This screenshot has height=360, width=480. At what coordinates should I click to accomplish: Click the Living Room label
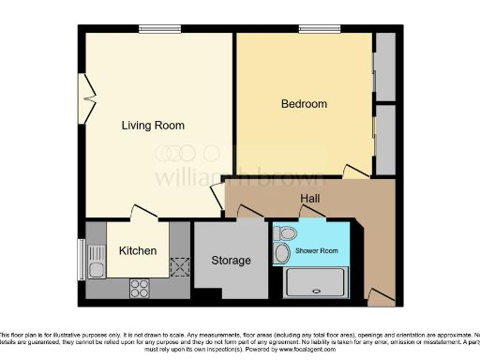[x=154, y=125]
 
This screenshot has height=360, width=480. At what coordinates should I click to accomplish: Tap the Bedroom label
[x=304, y=103]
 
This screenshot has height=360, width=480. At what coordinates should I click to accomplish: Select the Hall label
[x=310, y=200]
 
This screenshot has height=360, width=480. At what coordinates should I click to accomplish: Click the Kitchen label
[x=137, y=250]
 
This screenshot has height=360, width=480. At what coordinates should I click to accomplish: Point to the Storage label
[x=231, y=260]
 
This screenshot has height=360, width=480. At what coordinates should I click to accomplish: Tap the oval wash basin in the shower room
[x=282, y=253]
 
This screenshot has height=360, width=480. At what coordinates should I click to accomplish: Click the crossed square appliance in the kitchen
[x=177, y=267]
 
